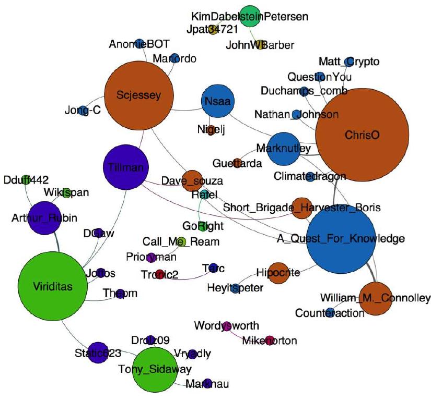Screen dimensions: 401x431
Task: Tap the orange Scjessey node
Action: [138, 95]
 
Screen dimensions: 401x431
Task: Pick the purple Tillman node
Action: [125, 167]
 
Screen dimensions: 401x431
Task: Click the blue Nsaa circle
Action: [216, 102]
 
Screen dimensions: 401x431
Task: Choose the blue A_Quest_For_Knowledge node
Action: [341, 239]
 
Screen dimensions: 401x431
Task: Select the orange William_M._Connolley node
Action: [375, 299]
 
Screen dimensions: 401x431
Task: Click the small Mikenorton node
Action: [270, 341]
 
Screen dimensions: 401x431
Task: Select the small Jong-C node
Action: [83, 111]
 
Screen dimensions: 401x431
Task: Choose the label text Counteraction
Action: [330, 313]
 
